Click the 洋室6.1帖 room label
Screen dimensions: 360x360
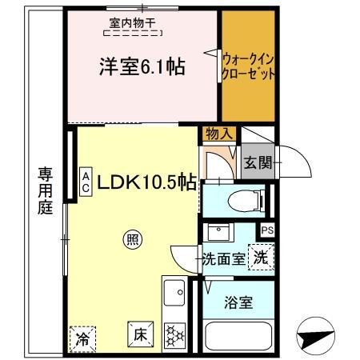tap(142, 67)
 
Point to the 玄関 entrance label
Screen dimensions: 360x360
tap(257, 163)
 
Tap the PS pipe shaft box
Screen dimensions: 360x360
tap(267, 230)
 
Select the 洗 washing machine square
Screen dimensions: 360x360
tap(261, 258)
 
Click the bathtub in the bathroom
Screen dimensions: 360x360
tap(238, 337)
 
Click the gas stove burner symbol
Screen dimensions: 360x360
tap(174, 337)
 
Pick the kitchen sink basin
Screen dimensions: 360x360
tap(174, 298)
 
